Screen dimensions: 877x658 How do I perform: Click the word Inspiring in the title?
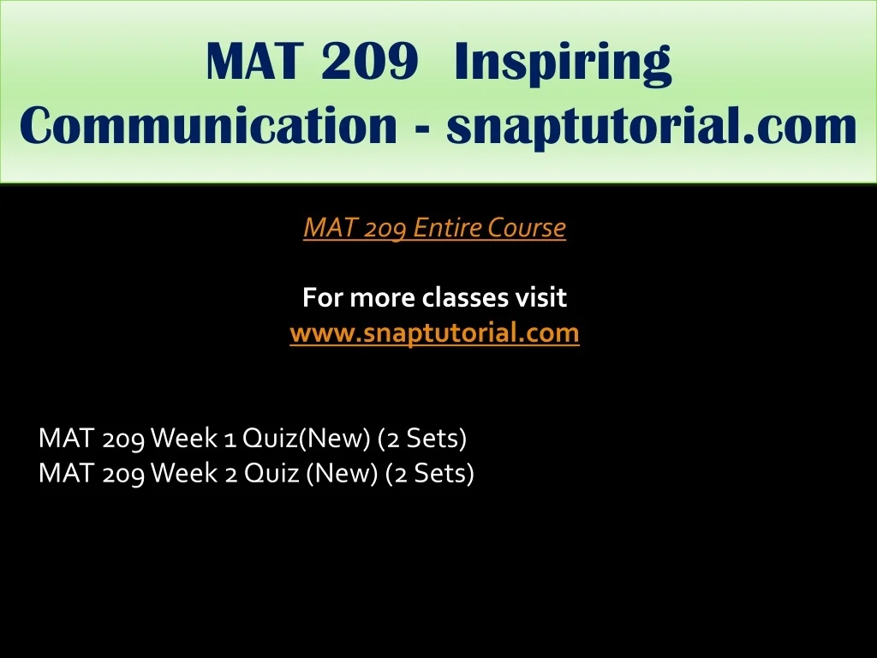click(x=562, y=63)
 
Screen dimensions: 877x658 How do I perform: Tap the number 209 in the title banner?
click(x=370, y=61)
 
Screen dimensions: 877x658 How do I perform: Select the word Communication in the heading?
click(x=208, y=125)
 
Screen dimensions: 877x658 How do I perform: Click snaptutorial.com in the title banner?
click(x=651, y=128)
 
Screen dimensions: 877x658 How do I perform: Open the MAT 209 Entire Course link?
click(x=434, y=227)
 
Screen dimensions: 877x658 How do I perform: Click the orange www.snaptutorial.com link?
click(x=434, y=333)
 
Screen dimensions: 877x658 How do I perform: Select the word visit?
click(x=540, y=297)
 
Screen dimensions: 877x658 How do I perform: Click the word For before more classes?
click(x=323, y=297)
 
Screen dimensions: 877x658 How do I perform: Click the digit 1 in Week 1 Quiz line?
click(x=230, y=438)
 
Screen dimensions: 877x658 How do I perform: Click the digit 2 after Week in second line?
click(x=230, y=473)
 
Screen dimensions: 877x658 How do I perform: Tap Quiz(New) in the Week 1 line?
click(x=307, y=438)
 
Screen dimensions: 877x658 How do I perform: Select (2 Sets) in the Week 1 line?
click(x=422, y=438)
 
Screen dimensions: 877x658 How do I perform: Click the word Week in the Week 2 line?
click(x=184, y=473)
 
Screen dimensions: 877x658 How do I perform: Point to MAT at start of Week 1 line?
click(x=65, y=438)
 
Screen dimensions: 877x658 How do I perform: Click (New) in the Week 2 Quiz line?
click(x=343, y=473)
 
